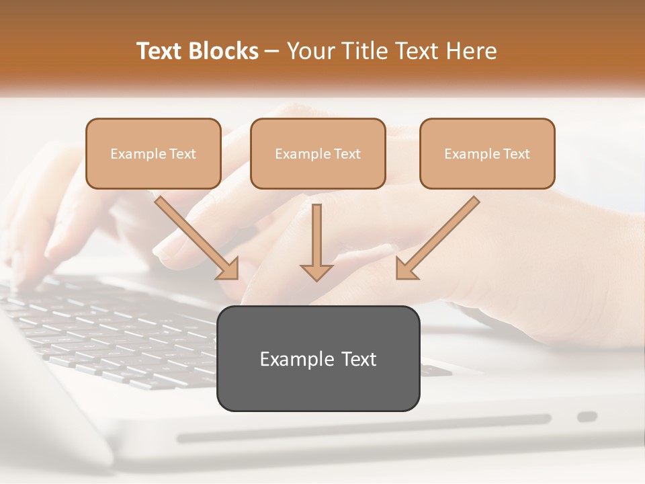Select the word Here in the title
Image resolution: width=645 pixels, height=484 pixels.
click(x=472, y=51)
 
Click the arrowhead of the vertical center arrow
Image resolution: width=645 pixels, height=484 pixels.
click(x=316, y=272)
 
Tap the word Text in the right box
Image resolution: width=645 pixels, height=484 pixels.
click(x=517, y=154)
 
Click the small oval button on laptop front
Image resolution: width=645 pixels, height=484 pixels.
click(x=587, y=417)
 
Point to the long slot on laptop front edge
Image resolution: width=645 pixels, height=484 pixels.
click(x=363, y=429)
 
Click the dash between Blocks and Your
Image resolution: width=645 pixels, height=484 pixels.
click(x=272, y=52)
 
